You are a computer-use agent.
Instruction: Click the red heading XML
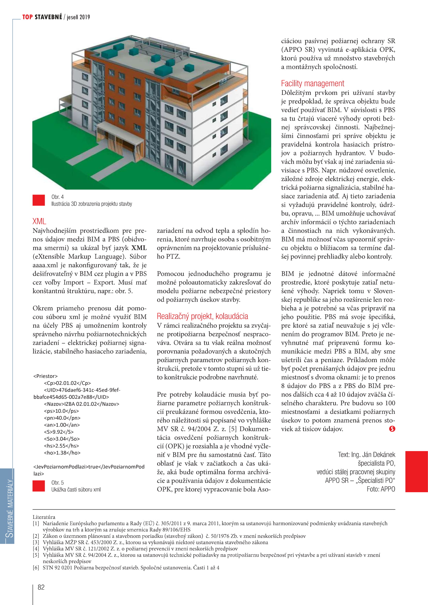point(39,221)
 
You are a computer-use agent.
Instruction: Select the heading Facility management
point(312,84)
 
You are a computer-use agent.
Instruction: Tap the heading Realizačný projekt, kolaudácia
point(202,316)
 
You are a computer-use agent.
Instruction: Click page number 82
point(41,587)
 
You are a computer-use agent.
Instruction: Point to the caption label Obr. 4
point(57,197)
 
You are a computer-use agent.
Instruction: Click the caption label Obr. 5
point(57,482)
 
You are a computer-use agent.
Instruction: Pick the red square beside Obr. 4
point(39,200)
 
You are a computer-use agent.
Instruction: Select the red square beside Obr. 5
point(39,486)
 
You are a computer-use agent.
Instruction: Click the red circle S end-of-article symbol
point(392,429)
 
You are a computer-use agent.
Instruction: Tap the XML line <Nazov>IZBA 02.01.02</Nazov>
point(81,404)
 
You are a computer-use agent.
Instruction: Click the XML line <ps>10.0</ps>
point(61,411)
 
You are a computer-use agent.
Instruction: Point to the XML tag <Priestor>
point(45,376)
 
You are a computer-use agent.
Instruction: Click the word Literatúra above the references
point(44,517)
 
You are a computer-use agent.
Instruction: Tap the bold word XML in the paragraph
point(139,248)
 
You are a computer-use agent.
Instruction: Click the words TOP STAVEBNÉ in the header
point(42,17)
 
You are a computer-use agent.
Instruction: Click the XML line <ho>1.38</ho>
point(62,453)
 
